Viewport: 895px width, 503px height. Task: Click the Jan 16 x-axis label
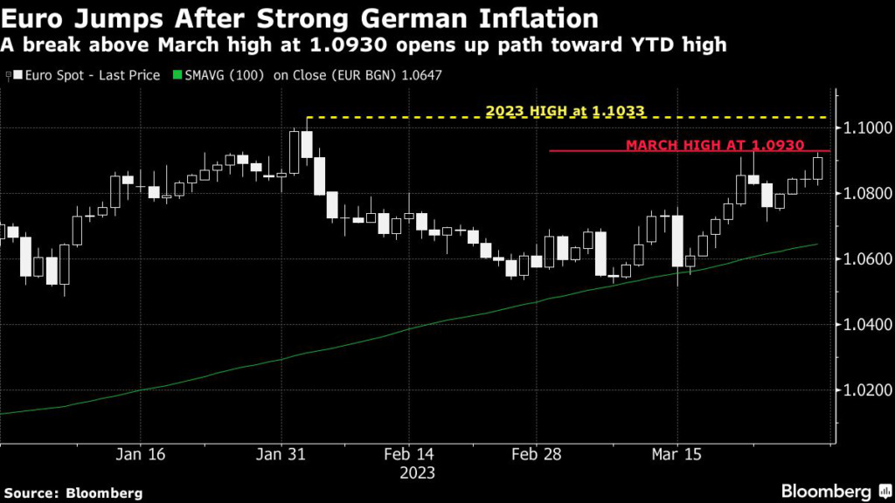(140, 455)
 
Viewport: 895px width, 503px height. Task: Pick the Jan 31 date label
(281, 455)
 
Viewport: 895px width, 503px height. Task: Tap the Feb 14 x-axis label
(409, 455)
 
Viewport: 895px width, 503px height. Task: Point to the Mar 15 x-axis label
(678, 455)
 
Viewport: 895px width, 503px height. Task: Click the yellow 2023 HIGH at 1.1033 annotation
(565, 111)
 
